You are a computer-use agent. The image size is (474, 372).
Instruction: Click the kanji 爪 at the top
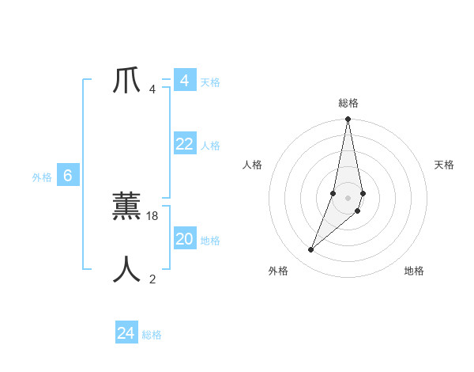(x=127, y=82)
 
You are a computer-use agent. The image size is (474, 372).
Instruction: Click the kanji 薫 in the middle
(x=127, y=207)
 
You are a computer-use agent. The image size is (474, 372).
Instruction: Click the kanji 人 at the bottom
(x=127, y=270)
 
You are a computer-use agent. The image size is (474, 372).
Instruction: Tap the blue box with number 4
(x=184, y=81)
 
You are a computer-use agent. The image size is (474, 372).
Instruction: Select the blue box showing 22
(x=184, y=144)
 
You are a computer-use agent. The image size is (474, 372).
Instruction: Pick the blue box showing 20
(x=184, y=239)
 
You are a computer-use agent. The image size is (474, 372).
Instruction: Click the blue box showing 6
(x=68, y=176)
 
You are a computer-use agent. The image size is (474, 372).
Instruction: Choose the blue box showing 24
(x=126, y=333)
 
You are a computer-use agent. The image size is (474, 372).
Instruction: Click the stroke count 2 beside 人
(x=152, y=279)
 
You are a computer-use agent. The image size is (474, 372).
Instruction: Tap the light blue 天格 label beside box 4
(x=210, y=82)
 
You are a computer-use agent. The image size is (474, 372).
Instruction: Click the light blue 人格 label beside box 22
(x=210, y=146)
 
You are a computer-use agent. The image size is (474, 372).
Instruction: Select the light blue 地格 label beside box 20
(x=210, y=241)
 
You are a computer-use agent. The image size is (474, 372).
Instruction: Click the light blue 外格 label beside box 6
(x=42, y=177)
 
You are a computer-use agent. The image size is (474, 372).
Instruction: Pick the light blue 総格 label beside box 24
(x=152, y=335)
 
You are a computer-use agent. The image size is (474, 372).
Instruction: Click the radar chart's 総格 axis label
(x=348, y=103)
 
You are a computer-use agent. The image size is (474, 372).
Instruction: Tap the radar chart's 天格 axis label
(x=445, y=165)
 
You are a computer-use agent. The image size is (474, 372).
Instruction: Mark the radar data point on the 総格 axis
(x=348, y=120)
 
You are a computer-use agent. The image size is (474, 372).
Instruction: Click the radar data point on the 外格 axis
(x=310, y=250)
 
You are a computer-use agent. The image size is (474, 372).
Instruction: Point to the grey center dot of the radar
(x=348, y=197)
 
